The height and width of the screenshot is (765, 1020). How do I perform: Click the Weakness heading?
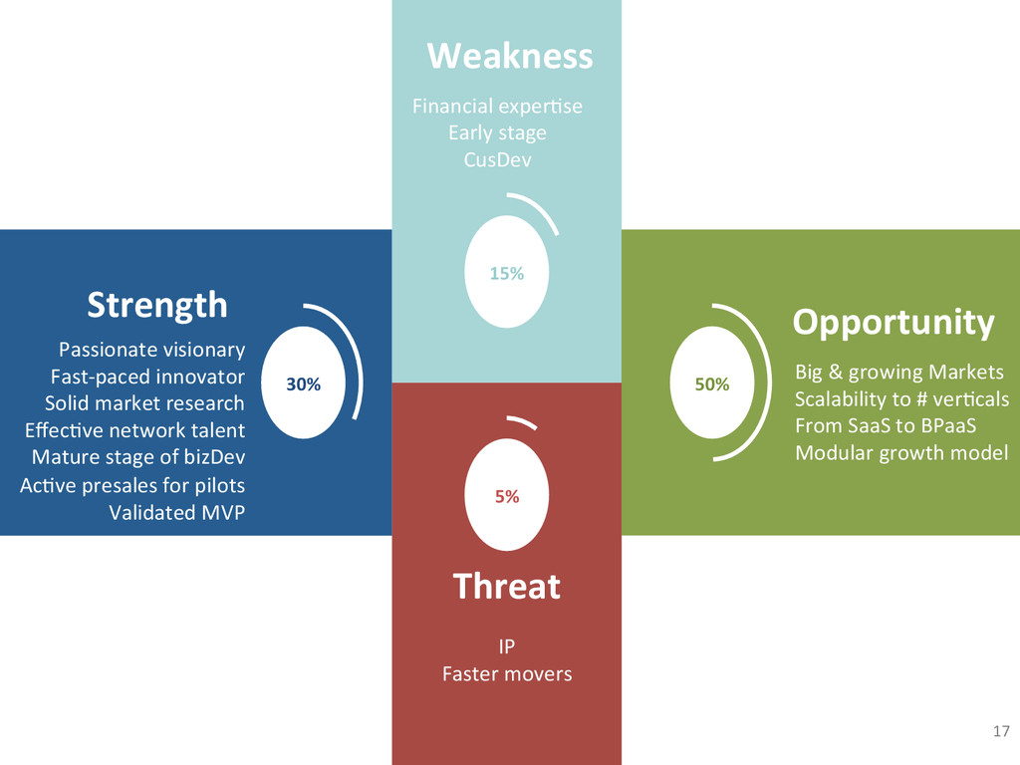coord(509,56)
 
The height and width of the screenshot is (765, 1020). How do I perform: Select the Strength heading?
coord(156,304)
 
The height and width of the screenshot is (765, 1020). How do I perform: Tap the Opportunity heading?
coord(892,323)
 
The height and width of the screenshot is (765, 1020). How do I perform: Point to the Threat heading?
coord(506,586)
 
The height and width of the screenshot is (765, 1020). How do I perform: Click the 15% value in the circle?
coord(506,273)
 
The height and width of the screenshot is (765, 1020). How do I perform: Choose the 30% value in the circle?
coord(304,384)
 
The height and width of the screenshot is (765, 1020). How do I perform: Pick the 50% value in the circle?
coord(711,384)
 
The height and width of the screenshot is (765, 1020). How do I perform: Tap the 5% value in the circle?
coord(507,496)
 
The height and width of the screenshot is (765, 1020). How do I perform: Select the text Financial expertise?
coord(497,106)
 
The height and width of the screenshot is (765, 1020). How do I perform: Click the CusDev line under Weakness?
coord(497,159)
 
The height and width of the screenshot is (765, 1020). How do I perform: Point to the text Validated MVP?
coord(176,512)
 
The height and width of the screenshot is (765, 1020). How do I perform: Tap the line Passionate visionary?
coord(151,350)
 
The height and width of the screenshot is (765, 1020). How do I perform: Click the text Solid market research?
coord(144,403)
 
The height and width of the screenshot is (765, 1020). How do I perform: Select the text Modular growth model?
coord(901,452)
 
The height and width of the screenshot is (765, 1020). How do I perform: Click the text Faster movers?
coord(507,674)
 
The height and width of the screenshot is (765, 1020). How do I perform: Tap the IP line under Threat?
coord(506,647)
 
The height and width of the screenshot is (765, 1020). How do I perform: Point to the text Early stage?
coord(497,132)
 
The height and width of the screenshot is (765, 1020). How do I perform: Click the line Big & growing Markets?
coord(898,373)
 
